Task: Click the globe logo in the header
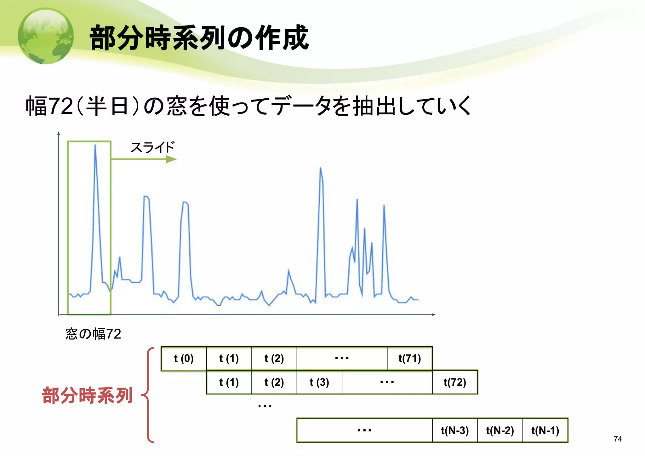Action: coord(46,36)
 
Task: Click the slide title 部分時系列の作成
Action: coord(199,38)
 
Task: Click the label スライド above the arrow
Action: coord(152,147)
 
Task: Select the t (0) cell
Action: coord(184,358)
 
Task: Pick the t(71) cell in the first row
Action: coord(409,358)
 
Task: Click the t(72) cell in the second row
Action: coord(455,382)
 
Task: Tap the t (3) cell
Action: coord(319,382)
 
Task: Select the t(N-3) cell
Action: coord(455,430)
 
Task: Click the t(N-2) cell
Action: coord(500,430)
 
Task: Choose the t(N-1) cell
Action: coord(545,430)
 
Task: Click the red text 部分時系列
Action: coord(87,395)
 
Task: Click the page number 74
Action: coord(618,439)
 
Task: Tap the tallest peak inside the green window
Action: coord(95,146)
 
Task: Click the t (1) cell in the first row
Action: coord(229,358)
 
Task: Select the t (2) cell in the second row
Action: coord(274,382)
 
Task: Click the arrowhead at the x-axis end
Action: coord(434,315)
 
